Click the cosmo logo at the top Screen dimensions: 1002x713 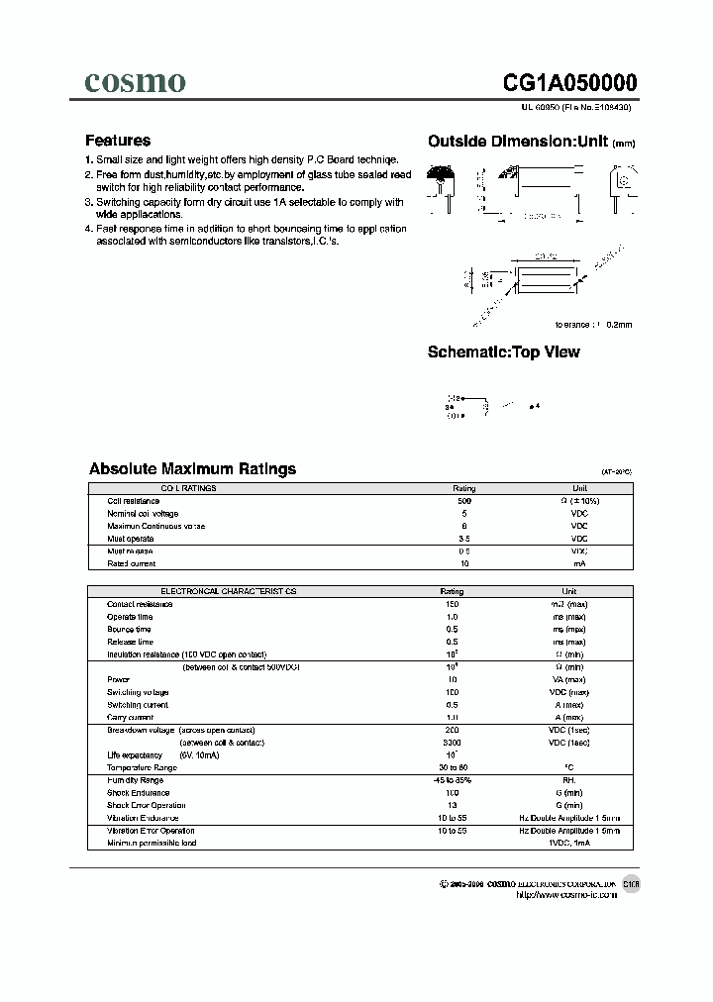pos(134,82)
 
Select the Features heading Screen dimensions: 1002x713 pos(118,141)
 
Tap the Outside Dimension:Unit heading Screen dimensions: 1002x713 pos(531,142)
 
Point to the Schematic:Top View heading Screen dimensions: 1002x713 pos(503,351)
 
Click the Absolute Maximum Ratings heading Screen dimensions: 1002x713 pos(192,468)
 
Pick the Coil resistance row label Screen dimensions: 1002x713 pos(134,501)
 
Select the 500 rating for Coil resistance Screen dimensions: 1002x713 pos(464,501)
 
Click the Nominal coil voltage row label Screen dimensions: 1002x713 pos(143,514)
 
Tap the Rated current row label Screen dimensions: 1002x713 pos(133,563)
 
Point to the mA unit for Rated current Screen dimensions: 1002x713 pos(579,563)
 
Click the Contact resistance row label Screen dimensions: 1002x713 pos(140,603)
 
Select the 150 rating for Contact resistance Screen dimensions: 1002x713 pos(452,603)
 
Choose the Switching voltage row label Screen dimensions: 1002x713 pos(138,692)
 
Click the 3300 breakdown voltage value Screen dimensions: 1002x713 pos(452,742)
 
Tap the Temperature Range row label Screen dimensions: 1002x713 pos(142,767)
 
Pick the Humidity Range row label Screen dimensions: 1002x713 pos(136,780)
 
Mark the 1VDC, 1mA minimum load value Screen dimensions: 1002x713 pos(579,843)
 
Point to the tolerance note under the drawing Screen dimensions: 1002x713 pos(593,324)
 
